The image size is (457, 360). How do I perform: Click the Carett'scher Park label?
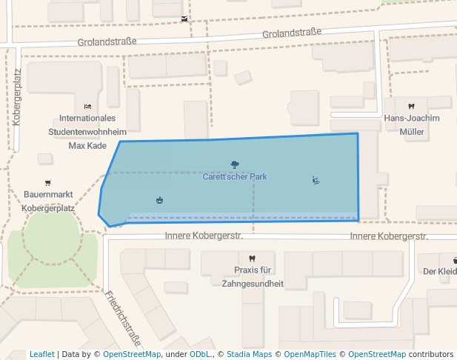coord(235,177)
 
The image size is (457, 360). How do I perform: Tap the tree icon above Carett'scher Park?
coord(235,164)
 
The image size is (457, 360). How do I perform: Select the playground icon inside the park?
coord(316,180)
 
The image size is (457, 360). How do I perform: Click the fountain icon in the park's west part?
coord(159,200)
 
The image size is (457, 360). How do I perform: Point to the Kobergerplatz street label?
coord(17,96)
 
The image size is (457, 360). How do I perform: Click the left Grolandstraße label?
coord(107,42)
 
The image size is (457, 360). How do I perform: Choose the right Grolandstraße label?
coord(292,33)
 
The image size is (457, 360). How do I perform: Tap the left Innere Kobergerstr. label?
coord(204,236)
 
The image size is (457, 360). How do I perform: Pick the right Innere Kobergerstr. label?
coord(389,236)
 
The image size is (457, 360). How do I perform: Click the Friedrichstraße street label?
coord(124,314)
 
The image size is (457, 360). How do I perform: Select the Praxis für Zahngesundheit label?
coord(253,276)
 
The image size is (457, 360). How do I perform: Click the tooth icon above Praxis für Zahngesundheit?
coord(253,258)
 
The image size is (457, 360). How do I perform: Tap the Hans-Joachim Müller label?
coord(411,125)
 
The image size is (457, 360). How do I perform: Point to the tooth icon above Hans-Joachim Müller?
coord(411,107)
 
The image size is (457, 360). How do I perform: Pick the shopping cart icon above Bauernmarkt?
coord(48,182)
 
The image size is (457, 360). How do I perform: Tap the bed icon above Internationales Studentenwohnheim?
coord(87,107)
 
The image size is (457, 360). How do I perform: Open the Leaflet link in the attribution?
coord(41,354)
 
